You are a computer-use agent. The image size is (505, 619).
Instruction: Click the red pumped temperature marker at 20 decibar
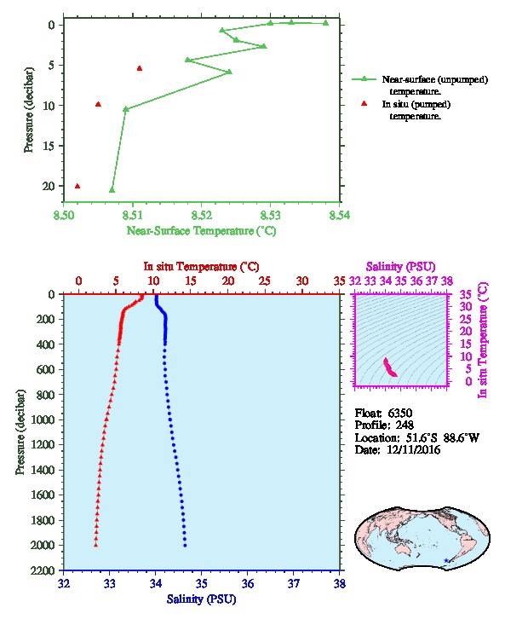point(77,186)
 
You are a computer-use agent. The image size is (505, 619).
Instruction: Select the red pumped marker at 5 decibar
point(139,68)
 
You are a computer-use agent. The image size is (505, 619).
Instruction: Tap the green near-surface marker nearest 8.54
point(325,23)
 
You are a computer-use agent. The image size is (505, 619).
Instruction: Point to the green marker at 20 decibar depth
point(112,190)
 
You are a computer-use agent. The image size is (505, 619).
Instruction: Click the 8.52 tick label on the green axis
point(201,215)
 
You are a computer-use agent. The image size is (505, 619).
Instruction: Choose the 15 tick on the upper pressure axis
point(49,146)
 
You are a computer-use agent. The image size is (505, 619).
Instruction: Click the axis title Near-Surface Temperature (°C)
point(201,231)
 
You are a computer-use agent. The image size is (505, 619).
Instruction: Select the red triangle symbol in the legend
point(364,103)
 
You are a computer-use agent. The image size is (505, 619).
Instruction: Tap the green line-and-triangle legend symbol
point(364,79)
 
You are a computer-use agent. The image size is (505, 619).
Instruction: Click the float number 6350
point(400,414)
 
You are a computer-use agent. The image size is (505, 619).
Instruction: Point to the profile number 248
point(405,425)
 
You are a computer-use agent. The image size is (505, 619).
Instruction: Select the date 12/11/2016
point(414,449)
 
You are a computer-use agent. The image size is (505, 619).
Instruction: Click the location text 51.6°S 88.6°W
point(438,437)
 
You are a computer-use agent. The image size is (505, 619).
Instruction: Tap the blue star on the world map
point(446,560)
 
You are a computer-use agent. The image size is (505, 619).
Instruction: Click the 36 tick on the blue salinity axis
point(248,583)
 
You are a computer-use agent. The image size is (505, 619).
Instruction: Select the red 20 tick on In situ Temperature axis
point(228,281)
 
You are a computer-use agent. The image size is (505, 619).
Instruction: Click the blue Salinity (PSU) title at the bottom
point(202,599)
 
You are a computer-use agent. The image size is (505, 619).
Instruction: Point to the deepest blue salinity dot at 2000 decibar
point(185,546)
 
